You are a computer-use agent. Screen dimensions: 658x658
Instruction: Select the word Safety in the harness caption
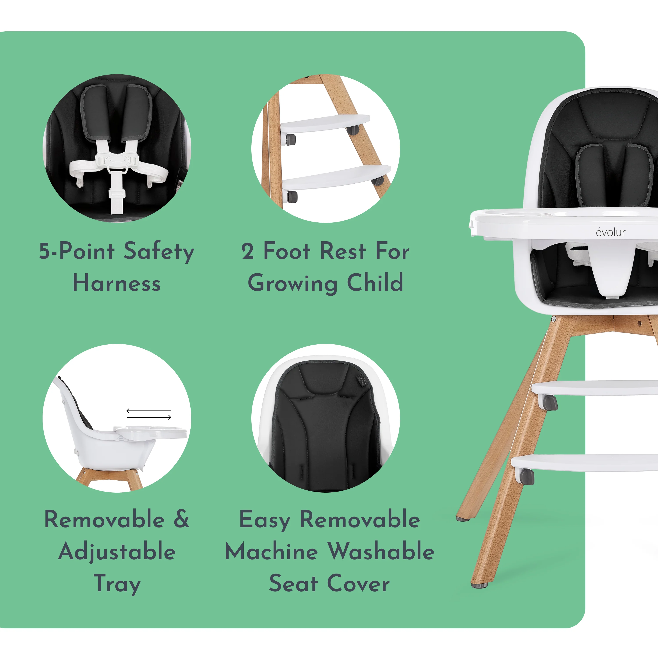click(x=159, y=252)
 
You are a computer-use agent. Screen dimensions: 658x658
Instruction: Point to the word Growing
click(x=293, y=283)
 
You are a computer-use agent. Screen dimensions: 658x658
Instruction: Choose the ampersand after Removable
click(x=182, y=519)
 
